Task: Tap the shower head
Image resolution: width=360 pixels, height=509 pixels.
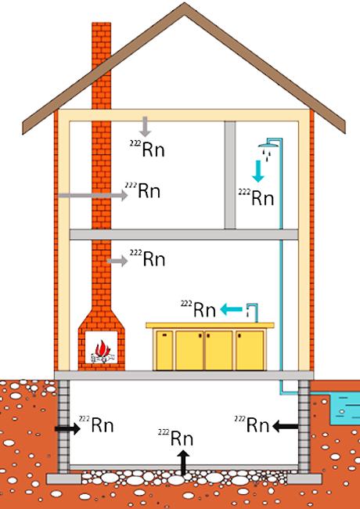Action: [x=269, y=145]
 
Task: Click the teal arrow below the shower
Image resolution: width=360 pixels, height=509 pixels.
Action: [x=258, y=171]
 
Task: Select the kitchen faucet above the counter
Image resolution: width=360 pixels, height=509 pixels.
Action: [x=252, y=311]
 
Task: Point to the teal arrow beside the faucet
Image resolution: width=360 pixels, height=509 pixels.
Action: [x=231, y=309]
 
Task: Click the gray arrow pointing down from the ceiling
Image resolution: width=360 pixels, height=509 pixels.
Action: [x=145, y=126]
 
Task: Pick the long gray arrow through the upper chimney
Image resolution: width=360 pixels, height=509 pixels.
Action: [x=93, y=195]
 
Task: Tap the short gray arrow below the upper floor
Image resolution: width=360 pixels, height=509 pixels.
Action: [x=117, y=261]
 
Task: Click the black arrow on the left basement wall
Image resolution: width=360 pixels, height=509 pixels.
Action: [x=67, y=428]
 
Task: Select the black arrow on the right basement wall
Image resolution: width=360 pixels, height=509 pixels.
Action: [x=286, y=426]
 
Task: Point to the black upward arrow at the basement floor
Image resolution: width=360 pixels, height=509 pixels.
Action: [x=184, y=462]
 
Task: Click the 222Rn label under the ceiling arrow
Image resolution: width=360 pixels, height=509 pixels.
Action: [x=148, y=149]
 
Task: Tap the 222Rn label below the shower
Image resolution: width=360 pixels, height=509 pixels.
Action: [x=256, y=197]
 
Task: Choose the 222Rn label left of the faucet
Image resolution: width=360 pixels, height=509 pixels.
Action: [x=198, y=309]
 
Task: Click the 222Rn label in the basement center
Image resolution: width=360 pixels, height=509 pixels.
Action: [x=176, y=437]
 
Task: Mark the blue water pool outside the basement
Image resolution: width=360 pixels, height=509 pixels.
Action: [x=344, y=408]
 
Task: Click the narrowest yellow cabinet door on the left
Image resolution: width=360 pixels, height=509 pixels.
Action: [x=164, y=350]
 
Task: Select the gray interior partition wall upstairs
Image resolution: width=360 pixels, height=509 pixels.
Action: [x=230, y=175]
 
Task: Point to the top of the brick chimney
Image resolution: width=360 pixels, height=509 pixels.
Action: [x=102, y=23]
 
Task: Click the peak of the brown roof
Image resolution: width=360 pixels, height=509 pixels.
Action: [x=185, y=4]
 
